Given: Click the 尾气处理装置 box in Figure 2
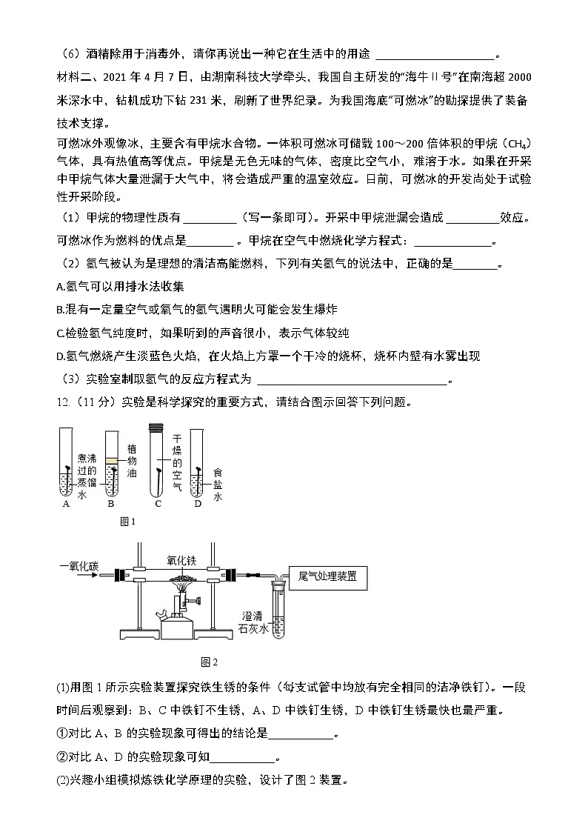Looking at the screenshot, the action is pyautogui.click(x=327, y=576).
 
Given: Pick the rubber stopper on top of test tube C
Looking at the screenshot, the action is pyautogui.click(x=156, y=427).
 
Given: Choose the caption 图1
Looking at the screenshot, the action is pyautogui.click(x=128, y=522).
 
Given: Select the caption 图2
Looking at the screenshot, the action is pyautogui.click(x=210, y=662).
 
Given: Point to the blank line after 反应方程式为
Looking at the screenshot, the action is pyautogui.click(x=351, y=381).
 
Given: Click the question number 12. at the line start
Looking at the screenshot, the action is pyautogui.click(x=64, y=402).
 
